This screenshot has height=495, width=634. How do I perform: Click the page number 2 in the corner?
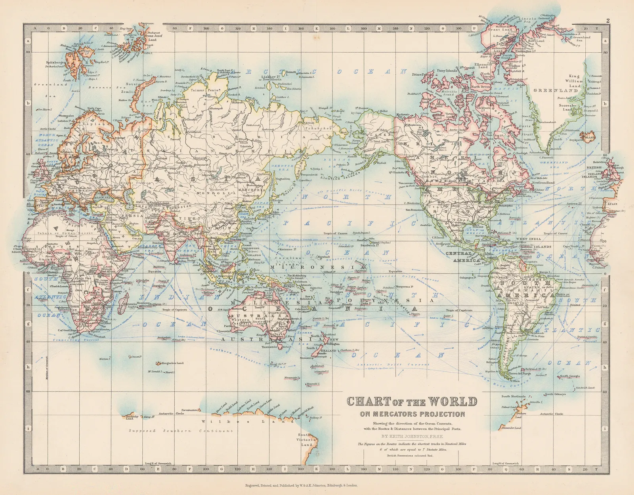coord(608,21)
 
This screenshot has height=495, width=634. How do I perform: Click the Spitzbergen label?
coord(55,62)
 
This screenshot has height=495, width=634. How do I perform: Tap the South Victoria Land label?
coord(307,440)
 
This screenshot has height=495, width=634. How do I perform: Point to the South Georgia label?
coord(570,376)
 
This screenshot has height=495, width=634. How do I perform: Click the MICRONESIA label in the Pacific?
coord(317,267)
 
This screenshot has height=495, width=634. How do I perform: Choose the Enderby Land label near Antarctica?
coord(132,417)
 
